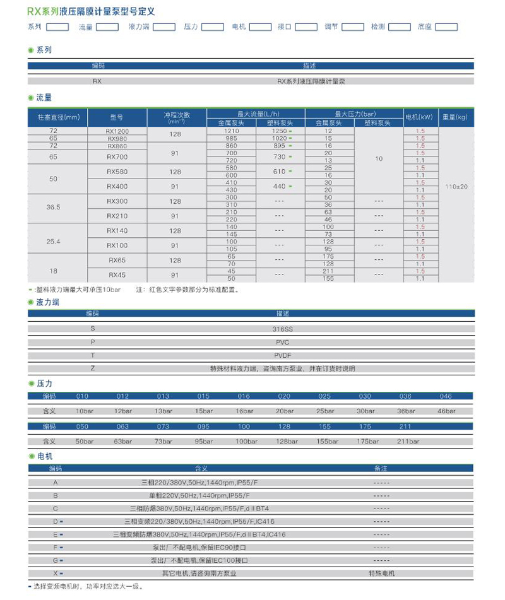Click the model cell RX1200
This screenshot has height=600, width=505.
[117, 131]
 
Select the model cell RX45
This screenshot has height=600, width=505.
[117, 275]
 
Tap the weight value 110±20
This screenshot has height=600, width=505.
[456, 187]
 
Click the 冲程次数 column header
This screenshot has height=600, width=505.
[177, 117]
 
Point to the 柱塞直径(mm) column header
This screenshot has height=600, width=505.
[57, 117]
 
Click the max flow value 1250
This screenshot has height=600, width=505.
[278, 131]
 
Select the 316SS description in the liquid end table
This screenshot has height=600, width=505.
[282, 328]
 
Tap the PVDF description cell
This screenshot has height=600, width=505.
[282, 355]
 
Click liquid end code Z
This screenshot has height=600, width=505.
[93, 368]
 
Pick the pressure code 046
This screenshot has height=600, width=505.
[446, 396]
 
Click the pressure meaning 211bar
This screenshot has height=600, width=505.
[408, 442]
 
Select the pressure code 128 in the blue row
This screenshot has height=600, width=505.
[286, 427]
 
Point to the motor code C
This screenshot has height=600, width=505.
[56, 508]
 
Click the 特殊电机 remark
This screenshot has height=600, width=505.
[381, 573]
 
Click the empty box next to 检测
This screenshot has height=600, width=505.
[400, 27]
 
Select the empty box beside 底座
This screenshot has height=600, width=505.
[446, 27]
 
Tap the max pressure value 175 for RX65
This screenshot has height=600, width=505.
[328, 256]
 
